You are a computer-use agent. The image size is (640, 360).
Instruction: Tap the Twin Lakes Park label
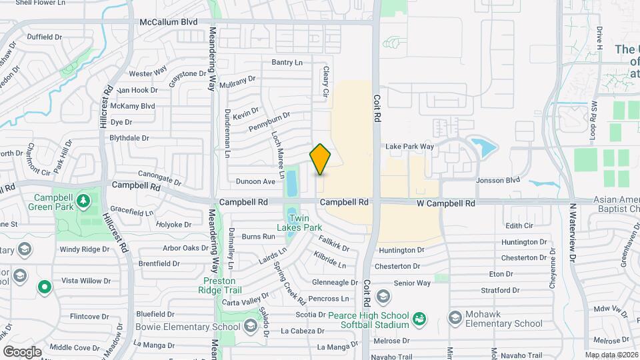(x=303, y=222)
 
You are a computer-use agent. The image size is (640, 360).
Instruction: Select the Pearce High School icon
(x=383, y=295)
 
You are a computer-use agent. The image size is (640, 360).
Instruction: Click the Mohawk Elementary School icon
(x=455, y=316)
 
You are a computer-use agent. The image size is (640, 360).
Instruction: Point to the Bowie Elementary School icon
(x=250, y=325)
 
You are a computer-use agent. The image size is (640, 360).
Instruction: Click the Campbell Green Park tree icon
(x=83, y=200)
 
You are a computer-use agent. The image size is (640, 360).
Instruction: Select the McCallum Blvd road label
(x=169, y=22)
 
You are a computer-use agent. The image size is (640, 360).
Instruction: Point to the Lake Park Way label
(x=410, y=147)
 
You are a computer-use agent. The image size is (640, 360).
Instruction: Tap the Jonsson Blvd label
(x=497, y=180)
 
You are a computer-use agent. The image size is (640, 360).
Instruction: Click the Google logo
(x=23, y=351)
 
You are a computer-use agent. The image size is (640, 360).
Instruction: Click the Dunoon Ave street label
(x=256, y=181)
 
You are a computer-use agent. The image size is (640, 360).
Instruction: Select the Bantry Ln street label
(x=287, y=62)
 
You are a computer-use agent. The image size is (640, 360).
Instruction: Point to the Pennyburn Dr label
(x=269, y=121)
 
